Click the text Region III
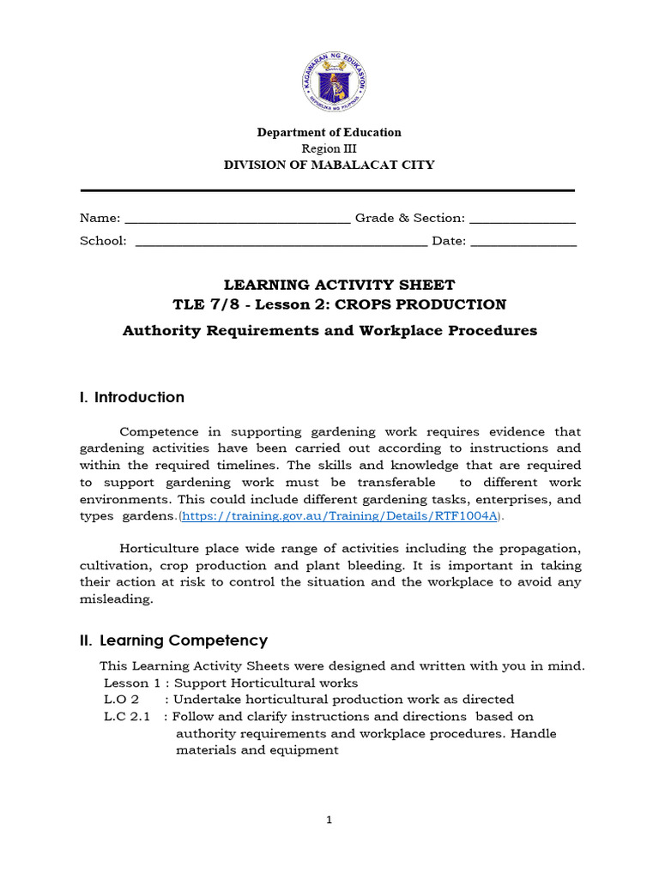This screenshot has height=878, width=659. pos(329,148)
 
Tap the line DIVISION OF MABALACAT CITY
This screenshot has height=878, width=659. pos(329,165)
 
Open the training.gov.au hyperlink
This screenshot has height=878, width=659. pos(339,516)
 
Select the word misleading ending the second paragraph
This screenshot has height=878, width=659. pos(116,599)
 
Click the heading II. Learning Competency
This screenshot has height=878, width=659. pos(173,640)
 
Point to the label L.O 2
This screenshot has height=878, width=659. pos(121,700)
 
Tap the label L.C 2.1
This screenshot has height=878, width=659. pos(127,716)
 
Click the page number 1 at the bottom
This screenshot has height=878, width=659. pos(329,820)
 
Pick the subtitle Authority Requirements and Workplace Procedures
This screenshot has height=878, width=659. pos(329,330)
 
